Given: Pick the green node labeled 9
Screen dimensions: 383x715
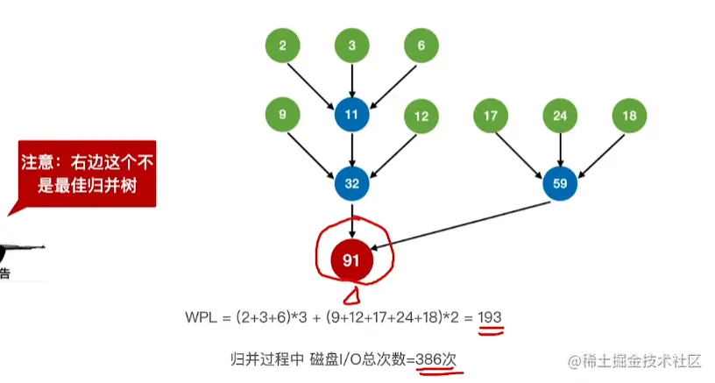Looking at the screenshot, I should (283, 114).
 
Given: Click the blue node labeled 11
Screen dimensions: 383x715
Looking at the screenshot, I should (352, 114).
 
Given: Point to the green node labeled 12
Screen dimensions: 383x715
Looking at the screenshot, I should (421, 116).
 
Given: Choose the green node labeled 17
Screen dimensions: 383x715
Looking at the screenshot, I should (491, 115).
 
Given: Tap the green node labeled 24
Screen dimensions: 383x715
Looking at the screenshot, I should (560, 115).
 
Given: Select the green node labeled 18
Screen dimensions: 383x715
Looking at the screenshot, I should (628, 115).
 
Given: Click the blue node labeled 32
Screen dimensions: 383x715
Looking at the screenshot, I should (352, 183).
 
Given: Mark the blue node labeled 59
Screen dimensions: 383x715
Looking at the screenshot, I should (560, 183).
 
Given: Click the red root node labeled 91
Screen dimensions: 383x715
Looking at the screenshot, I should (352, 259).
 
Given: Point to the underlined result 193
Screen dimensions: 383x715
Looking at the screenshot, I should (490, 316).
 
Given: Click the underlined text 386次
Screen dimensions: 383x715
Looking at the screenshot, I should (438, 359).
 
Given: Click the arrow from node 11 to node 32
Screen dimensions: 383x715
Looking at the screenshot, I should (352, 149).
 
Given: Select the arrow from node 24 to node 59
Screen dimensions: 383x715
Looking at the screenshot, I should (560, 149).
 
